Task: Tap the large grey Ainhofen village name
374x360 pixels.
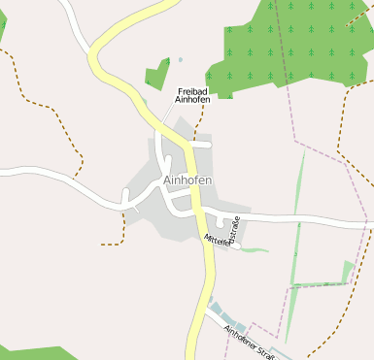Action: click(188, 180)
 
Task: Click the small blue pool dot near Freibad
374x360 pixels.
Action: click(180, 60)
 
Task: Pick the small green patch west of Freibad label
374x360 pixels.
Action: click(156, 76)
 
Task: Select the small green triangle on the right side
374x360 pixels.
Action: click(348, 270)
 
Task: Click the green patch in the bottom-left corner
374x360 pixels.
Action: click(29, 351)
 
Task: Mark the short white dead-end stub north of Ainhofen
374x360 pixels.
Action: click(200, 145)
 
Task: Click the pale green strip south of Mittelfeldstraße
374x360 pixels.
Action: click(255, 250)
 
